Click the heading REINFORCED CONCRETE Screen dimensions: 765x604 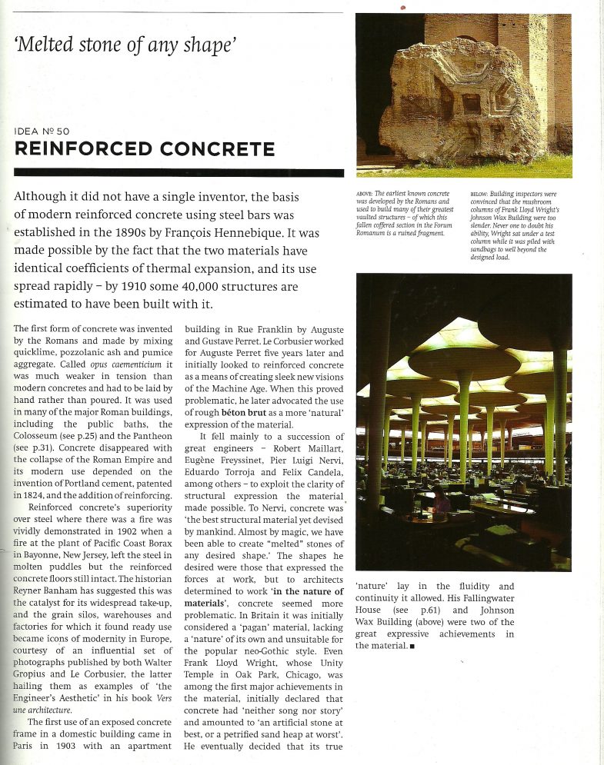coord(145,148)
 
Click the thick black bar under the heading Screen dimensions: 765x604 coord(179,172)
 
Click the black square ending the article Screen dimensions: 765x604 coord(412,646)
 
